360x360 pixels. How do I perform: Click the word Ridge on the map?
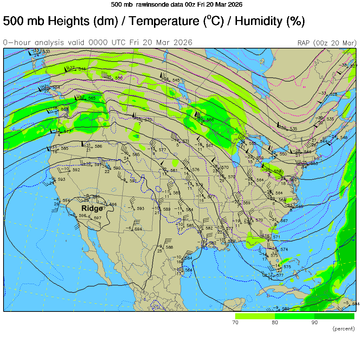[92, 208]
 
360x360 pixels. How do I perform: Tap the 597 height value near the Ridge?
[97, 218]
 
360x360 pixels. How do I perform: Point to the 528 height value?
[333, 94]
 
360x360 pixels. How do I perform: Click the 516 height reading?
[82, 69]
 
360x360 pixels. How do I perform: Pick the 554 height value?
[56, 88]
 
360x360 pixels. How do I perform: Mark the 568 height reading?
[65, 109]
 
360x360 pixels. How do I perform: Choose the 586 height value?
[98, 146]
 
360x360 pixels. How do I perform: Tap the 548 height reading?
[343, 137]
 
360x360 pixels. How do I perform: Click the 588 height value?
[169, 247]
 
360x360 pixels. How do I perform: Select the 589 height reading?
[167, 209]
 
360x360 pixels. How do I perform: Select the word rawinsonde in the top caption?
[149, 5]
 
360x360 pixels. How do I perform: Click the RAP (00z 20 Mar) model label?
[327, 43]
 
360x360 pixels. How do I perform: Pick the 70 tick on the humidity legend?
[236, 322]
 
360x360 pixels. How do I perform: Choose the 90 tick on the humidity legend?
[314, 322]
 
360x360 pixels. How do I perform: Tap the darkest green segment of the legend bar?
[334, 316]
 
